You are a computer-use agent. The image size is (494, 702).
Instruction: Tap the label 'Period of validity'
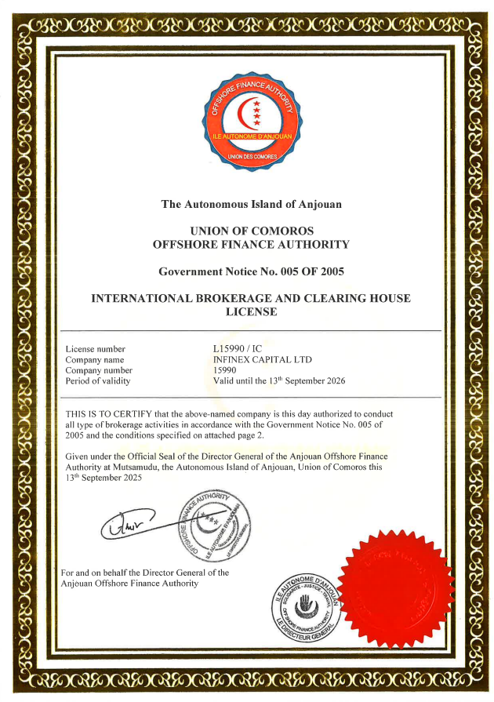(98, 381)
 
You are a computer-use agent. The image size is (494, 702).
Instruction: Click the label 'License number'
(96, 349)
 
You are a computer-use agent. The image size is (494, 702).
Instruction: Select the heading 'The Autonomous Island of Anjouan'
(251, 205)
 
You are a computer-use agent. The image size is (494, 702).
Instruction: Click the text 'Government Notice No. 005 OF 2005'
(251, 271)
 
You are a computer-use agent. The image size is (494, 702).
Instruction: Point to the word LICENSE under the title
(251, 311)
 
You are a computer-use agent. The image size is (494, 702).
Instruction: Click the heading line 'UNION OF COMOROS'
(251, 231)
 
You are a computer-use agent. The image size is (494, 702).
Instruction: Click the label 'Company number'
(99, 370)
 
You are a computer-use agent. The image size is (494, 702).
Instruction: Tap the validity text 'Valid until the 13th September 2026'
(279, 381)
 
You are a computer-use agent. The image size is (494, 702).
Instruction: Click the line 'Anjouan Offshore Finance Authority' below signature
(129, 583)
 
